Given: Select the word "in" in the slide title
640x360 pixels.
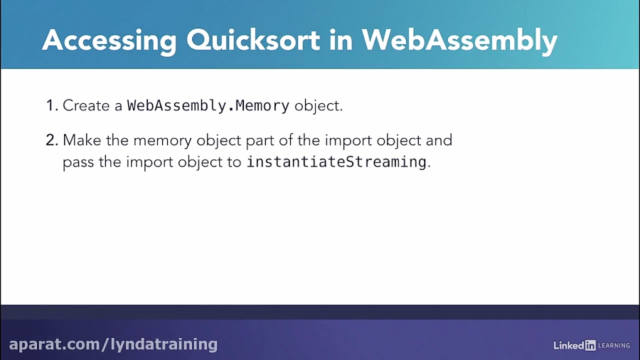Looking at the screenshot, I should pyautogui.click(x=342, y=41).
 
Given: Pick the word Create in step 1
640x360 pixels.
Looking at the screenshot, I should pyautogui.click(x=85, y=106).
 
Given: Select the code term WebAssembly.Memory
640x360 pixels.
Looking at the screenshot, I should pyautogui.click(x=208, y=106).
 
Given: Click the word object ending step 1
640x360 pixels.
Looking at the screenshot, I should pyautogui.click(x=319, y=106).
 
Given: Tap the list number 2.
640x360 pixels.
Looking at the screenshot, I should pyautogui.click(x=51, y=140).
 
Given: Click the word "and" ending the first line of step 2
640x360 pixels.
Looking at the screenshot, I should pyautogui.click(x=439, y=140).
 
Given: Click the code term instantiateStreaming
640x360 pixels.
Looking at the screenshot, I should pyautogui.click(x=336, y=162).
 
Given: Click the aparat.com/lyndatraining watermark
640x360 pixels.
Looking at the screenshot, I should pyautogui.click(x=114, y=344).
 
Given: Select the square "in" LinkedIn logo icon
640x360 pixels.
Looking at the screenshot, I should pyautogui.click(x=590, y=345).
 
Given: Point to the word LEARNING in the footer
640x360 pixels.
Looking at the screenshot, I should pyautogui.click(x=614, y=346).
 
